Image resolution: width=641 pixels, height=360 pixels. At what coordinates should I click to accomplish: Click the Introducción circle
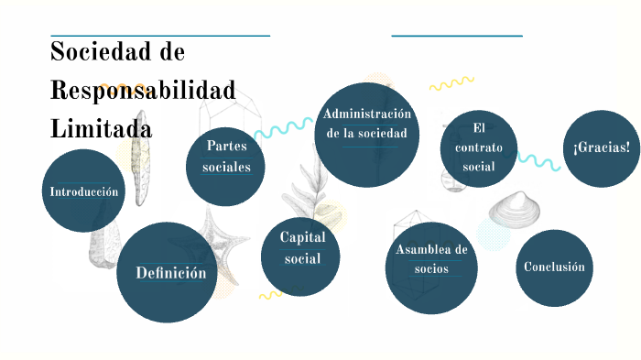(83, 191)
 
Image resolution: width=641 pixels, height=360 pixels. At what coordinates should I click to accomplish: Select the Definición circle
(168, 272)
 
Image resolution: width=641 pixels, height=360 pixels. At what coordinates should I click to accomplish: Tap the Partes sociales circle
(225, 166)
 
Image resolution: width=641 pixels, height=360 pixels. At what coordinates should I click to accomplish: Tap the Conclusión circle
(553, 267)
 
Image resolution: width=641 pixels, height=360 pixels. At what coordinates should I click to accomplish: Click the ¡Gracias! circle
(601, 148)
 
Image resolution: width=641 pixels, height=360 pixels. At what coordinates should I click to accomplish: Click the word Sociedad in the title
(104, 50)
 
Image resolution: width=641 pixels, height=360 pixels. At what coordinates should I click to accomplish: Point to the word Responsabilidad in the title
(142, 90)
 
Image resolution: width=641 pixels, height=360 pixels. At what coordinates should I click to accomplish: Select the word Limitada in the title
(101, 129)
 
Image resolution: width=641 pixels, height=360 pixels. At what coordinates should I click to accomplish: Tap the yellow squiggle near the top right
(451, 84)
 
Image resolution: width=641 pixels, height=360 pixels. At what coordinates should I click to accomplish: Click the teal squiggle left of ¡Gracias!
(538, 161)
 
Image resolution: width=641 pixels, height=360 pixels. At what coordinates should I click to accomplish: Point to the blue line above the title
(159, 36)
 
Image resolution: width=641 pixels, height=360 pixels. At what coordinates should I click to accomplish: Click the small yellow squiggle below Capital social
(270, 295)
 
